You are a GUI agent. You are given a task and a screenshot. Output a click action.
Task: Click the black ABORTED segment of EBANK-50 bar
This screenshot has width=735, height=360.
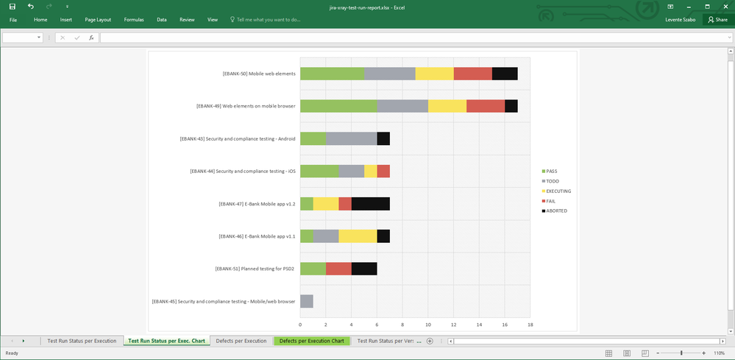coord(505,74)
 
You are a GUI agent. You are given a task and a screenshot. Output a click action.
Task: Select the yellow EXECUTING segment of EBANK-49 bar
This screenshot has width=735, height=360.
coord(447,106)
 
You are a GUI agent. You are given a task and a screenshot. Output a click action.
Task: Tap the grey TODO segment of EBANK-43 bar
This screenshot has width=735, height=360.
coord(351,138)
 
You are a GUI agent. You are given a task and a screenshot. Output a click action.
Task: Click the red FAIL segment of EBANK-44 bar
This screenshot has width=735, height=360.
coord(383,171)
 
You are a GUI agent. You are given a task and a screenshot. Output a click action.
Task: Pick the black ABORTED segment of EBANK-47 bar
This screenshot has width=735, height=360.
coord(370,204)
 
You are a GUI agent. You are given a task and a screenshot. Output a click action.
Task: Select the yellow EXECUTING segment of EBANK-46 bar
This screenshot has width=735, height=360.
coord(358,236)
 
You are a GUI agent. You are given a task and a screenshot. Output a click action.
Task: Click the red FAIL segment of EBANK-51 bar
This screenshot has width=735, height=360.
coord(338,269)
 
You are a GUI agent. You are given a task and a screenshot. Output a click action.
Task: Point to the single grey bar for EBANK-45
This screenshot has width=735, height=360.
coord(307,301)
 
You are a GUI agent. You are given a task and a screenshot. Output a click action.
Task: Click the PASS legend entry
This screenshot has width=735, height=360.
coord(551,171)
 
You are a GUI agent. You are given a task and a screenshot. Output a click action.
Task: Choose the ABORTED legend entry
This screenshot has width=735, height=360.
coord(555,211)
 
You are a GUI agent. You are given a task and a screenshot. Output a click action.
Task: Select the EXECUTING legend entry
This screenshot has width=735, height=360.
coord(558,191)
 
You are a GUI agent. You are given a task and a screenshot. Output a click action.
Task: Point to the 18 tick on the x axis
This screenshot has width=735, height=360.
coord(529,324)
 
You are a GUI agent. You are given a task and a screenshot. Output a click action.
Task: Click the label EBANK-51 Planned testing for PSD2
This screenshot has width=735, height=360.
coord(255,269)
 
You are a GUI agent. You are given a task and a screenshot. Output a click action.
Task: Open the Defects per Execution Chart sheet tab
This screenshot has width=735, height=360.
coord(312,341)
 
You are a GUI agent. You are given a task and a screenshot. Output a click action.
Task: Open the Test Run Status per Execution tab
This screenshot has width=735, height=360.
coord(82,341)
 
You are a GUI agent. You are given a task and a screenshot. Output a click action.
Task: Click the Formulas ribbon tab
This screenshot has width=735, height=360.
coord(134,20)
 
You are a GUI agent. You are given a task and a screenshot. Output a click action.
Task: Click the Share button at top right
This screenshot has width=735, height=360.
coord(717,20)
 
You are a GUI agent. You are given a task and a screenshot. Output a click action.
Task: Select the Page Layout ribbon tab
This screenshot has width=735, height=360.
coord(98,20)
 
